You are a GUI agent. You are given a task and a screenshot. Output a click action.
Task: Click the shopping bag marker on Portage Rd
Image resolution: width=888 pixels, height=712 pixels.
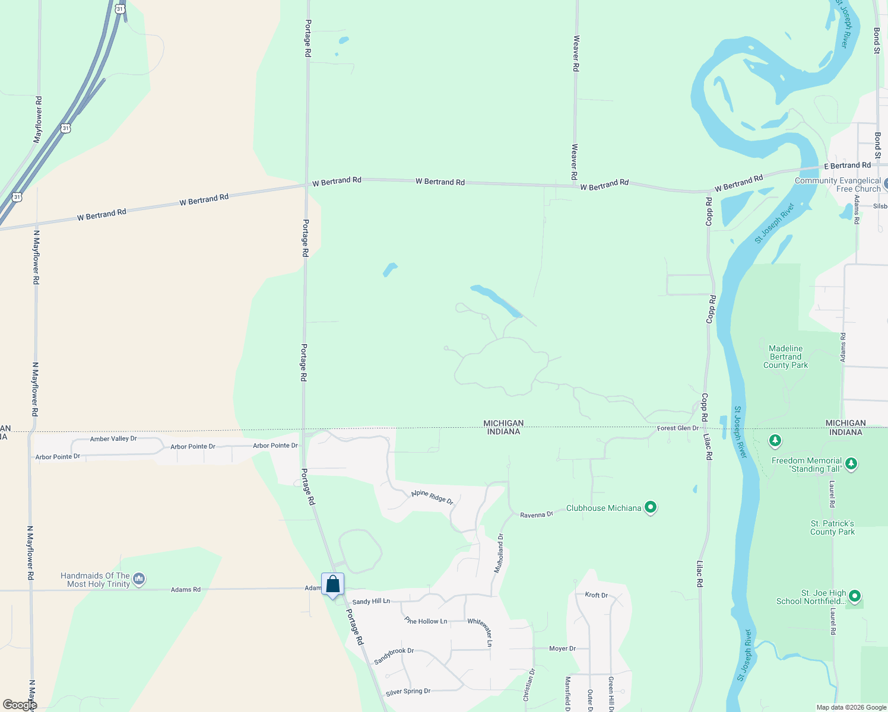point(333,584)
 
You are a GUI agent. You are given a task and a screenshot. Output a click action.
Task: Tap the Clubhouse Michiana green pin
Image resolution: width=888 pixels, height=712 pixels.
point(651,508)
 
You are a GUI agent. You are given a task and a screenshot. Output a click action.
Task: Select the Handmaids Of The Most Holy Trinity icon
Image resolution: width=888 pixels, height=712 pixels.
point(139,578)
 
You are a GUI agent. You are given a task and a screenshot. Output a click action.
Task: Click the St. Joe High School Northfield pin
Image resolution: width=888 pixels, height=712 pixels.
point(855,595)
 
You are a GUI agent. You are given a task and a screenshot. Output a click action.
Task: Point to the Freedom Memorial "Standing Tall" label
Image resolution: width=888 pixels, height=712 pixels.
point(807,465)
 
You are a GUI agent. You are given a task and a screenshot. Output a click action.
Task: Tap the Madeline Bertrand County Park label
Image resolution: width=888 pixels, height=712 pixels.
point(785,357)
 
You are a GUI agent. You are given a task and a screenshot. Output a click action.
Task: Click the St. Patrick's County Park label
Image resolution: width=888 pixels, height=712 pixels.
point(832,527)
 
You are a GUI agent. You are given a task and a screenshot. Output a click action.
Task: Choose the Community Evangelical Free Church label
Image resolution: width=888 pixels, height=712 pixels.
point(838,185)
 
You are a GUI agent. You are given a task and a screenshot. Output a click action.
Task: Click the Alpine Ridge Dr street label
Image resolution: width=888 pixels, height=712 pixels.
point(432,497)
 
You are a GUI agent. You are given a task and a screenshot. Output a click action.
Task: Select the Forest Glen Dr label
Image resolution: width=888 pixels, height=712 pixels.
point(678,428)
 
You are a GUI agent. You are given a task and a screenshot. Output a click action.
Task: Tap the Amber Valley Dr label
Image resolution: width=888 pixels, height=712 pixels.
point(113,439)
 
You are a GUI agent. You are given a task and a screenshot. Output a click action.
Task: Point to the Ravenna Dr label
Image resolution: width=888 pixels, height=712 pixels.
point(537,514)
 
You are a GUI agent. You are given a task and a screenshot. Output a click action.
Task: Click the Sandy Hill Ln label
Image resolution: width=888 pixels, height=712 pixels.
point(371,602)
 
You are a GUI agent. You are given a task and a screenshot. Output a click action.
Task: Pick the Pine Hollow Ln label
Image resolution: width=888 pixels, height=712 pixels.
point(426,621)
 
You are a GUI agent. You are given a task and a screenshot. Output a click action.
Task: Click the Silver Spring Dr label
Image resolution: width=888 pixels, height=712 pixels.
point(408,692)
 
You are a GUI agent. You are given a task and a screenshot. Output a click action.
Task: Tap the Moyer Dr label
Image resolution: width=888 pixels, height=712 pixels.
point(562,649)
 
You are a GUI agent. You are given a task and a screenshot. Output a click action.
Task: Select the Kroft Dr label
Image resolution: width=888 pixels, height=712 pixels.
point(597,595)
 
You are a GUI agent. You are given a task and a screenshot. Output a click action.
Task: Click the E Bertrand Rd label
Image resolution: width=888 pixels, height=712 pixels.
point(847,166)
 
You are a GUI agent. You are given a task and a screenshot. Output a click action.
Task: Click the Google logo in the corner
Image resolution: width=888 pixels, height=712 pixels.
point(20,705)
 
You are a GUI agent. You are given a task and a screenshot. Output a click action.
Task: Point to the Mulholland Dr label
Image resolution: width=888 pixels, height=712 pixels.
point(499,553)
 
